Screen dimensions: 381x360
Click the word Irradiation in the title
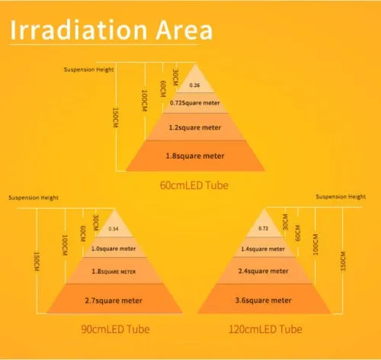coord(78,30)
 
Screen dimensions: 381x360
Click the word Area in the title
coord(184,30)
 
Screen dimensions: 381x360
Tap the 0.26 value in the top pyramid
coord(194,85)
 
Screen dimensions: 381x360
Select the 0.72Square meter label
coord(194,103)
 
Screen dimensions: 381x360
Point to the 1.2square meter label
coord(195,127)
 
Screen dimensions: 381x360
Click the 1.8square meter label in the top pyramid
coord(195,156)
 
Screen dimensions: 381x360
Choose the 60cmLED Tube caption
coord(194,185)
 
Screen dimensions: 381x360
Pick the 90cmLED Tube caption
coord(115,329)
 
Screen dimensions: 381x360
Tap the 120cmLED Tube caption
coord(265,329)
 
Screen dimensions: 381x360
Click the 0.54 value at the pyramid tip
coord(114,229)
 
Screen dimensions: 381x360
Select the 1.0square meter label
coord(114,249)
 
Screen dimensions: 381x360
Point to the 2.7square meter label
coord(114,301)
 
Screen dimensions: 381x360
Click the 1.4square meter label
coord(263,249)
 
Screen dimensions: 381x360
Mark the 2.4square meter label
coord(264,271)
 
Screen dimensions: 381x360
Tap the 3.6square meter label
coord(264,301)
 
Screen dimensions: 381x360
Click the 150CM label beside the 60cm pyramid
coord(115,117)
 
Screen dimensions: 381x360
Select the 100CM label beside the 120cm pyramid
coord(315,245)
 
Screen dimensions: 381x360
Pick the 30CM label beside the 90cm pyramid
coord(95,223)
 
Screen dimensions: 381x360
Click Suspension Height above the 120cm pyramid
coord(341,197)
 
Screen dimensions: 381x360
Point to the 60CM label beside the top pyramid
coord(163,88)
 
